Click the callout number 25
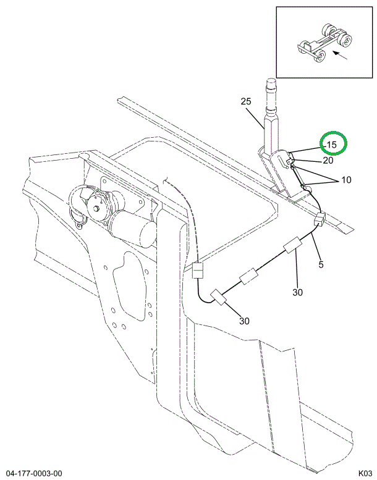(245, 101)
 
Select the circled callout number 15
(331, 145)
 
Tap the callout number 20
(328, 161)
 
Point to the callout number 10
(346, 180)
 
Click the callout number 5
(321, 264)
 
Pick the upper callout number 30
(297, 292)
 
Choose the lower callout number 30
(244, 321)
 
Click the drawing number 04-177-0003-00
(34, 474)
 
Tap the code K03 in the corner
(365, 474)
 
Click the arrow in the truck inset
(340, 55)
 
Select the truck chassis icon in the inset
(324, 42)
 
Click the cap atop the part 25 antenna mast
(271, 83)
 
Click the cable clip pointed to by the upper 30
(293, 245)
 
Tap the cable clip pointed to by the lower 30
(218, 297)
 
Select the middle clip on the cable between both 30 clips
(248, 276)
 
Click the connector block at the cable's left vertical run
(198, 270)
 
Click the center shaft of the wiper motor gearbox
(97, 209)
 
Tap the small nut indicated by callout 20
(289, 161)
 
